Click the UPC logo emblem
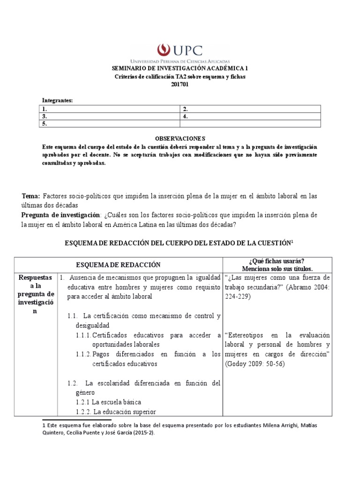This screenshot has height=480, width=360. point(163,50)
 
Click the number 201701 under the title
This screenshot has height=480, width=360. point(180,84)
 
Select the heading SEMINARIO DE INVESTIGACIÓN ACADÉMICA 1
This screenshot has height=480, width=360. point(180,68)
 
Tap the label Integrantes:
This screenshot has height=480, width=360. point(58,101)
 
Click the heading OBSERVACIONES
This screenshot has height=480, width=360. point(180,138)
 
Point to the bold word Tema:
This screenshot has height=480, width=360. point(31,196)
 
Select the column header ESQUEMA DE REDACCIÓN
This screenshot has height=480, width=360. point(118,265)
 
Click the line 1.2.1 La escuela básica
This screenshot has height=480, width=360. point(108,402)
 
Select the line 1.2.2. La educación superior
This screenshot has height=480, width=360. point(115,412)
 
